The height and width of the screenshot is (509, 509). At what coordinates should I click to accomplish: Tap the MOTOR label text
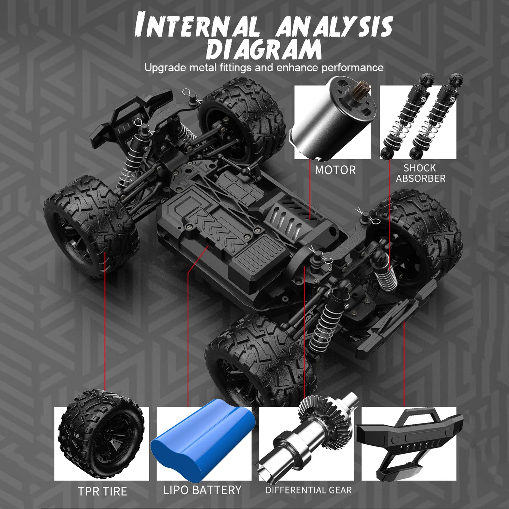tap(335, 170)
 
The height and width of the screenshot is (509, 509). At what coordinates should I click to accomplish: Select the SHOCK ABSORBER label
tap(420, 173)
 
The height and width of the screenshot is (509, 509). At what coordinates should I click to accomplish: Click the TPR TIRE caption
tap(102, 492)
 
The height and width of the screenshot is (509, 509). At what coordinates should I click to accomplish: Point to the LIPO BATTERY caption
tap(202, 490)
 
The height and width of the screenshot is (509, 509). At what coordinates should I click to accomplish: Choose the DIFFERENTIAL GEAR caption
tap(309, 490)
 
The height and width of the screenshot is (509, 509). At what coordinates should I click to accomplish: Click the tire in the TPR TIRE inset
tap(101, 436)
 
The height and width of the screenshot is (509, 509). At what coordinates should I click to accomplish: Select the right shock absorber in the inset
tap(436, 118)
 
